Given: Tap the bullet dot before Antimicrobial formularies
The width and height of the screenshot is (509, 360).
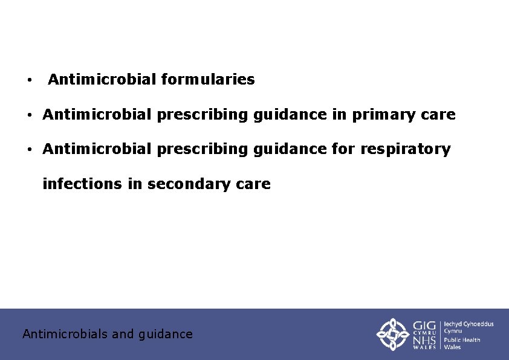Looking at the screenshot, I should (x=28, y=80).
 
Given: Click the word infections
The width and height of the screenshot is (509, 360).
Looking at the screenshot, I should (x=82, y=184).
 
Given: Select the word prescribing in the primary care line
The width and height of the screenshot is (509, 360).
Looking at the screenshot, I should (x=203, y=115).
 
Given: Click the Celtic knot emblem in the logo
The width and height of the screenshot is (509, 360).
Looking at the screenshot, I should (x=394, y=333).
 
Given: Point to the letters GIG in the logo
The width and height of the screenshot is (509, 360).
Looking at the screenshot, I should (x=424, y=326).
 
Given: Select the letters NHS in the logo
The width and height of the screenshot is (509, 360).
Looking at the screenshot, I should (x=424, y=342).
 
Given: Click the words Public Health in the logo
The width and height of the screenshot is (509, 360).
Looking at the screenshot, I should (x=462, y=339).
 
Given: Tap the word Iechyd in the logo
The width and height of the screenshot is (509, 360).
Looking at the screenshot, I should (x=456, y=324).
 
